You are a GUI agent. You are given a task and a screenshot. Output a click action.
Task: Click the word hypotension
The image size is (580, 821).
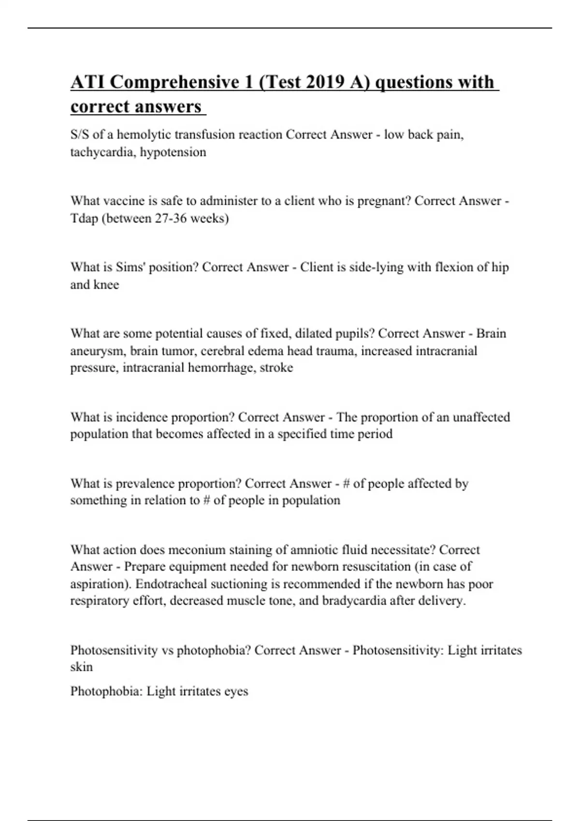[173, 152]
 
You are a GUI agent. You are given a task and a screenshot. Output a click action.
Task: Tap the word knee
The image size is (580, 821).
[108, 284]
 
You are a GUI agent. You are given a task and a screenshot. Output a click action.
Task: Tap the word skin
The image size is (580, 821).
[81, 667]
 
